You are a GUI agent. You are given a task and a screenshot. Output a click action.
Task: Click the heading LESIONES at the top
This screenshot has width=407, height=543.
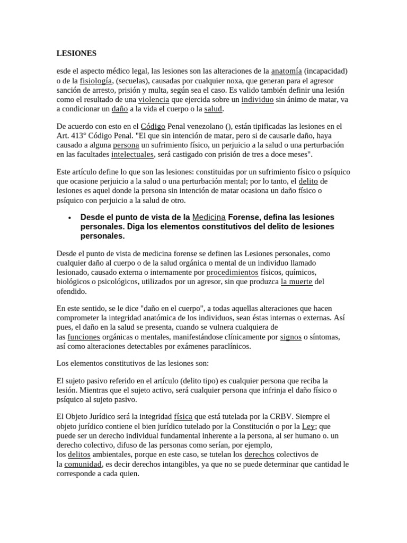point(76,53)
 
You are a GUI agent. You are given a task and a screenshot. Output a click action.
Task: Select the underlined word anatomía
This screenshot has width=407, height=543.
point(286,71)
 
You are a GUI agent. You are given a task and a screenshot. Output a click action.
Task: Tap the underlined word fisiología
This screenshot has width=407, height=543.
point(96,80)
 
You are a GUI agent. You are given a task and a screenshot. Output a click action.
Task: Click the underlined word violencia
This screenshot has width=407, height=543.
point(154,99)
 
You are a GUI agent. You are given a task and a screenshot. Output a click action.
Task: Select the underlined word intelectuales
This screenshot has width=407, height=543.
point(132,154)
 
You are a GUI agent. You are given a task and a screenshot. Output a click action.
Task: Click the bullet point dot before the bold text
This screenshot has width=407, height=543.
point(70,217)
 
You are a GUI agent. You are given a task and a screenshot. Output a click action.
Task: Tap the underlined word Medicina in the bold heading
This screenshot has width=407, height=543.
point(209,217)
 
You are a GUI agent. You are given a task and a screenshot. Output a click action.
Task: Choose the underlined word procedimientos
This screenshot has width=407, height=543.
point(232,272)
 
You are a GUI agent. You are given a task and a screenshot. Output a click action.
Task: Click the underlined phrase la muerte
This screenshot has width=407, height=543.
point(297,282)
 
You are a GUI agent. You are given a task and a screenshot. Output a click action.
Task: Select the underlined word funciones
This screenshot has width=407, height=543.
point(84,337)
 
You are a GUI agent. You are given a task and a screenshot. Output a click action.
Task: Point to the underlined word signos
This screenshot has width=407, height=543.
point(291,337)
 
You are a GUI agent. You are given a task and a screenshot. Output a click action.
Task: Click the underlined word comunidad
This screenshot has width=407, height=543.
point(84,464)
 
